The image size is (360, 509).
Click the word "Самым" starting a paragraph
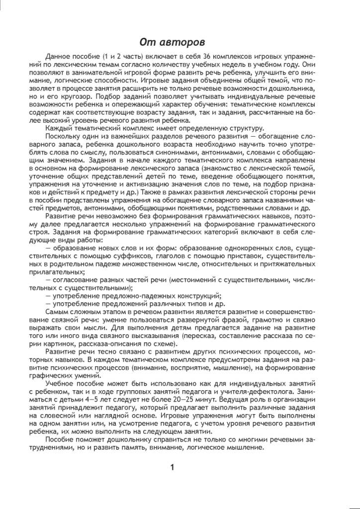(57, 312)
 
